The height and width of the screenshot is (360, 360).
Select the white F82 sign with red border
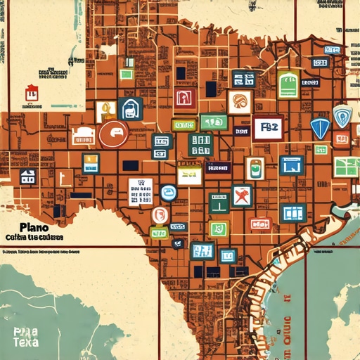pos(268,128)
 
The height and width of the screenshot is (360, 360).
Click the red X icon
pos(241,195)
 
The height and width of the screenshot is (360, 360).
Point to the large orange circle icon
pos(114,134)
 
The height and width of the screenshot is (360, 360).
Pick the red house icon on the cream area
pos(31,91)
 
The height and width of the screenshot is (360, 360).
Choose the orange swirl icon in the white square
pos(240,102)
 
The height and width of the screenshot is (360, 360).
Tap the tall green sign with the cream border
pos(288,84)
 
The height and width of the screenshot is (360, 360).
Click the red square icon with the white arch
pos(185,98)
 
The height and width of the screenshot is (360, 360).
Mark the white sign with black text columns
pos(141,192)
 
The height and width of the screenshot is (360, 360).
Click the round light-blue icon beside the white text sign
pos(168,193)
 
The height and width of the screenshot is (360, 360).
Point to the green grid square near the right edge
pos(346,167)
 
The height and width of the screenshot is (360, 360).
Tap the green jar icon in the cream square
pos(255,168)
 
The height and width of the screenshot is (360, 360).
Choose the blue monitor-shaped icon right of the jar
pos(291,165)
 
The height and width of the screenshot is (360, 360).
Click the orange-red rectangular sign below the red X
pos(261,224)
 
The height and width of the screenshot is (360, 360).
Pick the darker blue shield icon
pos(319,128)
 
